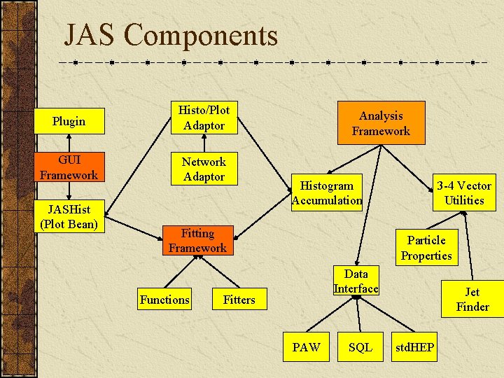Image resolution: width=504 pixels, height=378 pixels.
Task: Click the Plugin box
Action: coord(69,121)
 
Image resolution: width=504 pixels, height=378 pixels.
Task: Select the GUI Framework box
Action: coord(69,167)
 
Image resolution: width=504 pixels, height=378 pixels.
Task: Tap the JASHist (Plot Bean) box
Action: coord(69,217)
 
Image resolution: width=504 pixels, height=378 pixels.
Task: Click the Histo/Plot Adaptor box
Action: coord(204,118)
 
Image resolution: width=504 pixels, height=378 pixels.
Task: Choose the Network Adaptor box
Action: coord(204,169)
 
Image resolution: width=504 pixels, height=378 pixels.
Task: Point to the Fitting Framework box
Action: coord(197,241)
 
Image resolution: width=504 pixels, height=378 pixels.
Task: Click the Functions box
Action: coord(164,300)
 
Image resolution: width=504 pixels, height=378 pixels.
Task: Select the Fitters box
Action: coord(239,300)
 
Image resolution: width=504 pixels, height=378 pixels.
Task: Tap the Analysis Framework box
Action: coord(381,123)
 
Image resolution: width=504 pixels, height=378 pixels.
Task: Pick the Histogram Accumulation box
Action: coord(327,192)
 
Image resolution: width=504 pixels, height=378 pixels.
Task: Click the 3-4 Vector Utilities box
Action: coord(464,192)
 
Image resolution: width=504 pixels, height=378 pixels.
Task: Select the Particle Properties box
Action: coord(426,248)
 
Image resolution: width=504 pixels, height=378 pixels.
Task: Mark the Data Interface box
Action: coord(356,281)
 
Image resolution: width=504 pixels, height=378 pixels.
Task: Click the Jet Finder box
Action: coord(472,299)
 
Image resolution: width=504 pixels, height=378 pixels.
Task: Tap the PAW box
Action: coord(307,347)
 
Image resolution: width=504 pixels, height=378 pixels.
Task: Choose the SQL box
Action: coord(360,347)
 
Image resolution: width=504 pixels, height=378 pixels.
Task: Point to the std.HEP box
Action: coord(415,347)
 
